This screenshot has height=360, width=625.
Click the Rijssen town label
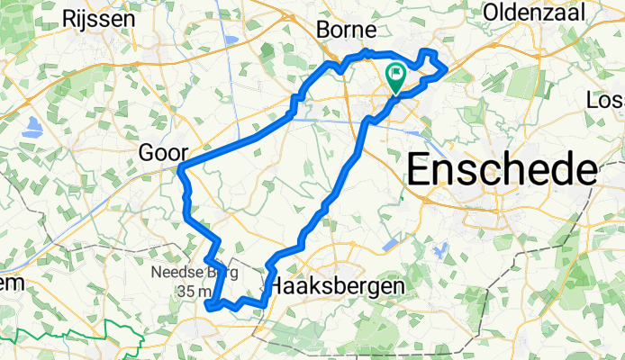[x=104, y=18]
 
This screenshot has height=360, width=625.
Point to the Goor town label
[x=162, y=153]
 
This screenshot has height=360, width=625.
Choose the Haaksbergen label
[x=338, y=285]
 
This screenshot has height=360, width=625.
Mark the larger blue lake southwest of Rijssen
[x=33, y=127]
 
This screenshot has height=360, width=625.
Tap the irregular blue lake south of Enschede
[x=440, y=248]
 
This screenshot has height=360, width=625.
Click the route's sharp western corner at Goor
[x=181, y=168]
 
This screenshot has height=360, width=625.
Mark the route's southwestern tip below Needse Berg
[x=209, y=307]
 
